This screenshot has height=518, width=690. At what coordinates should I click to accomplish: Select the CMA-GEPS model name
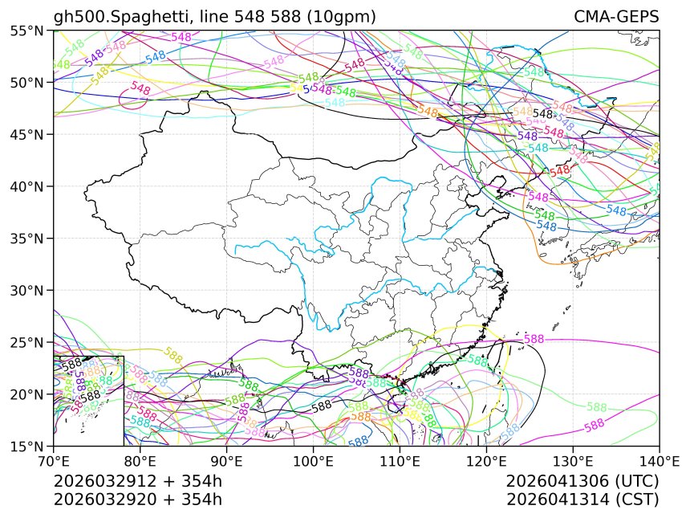pos(616,17)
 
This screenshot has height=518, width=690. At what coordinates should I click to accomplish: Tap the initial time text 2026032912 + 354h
pos(137,482)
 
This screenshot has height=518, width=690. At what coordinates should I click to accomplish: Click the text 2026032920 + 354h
pos(137,500)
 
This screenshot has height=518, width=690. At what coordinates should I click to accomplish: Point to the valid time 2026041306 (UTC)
pos(582,482)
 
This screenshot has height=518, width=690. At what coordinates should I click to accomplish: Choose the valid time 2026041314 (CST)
pos(582,500)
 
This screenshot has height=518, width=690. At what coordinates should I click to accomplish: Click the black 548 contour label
pos(543,114)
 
